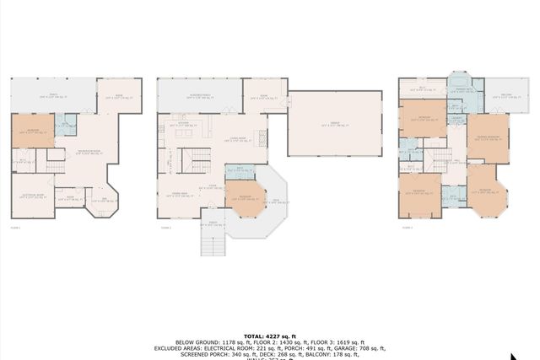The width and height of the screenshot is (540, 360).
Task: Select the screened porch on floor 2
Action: click(x=199, y=95)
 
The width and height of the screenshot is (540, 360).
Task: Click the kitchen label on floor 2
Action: click(x=183, y=124)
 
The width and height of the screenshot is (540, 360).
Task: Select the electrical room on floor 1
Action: click(x=32, y=196)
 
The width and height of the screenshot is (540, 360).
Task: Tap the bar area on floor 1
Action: click(x=105, y=200)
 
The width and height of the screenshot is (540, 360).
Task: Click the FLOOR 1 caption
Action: click(x=16, y=228)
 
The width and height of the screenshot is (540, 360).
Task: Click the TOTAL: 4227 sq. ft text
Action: click(x=268, y=335)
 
